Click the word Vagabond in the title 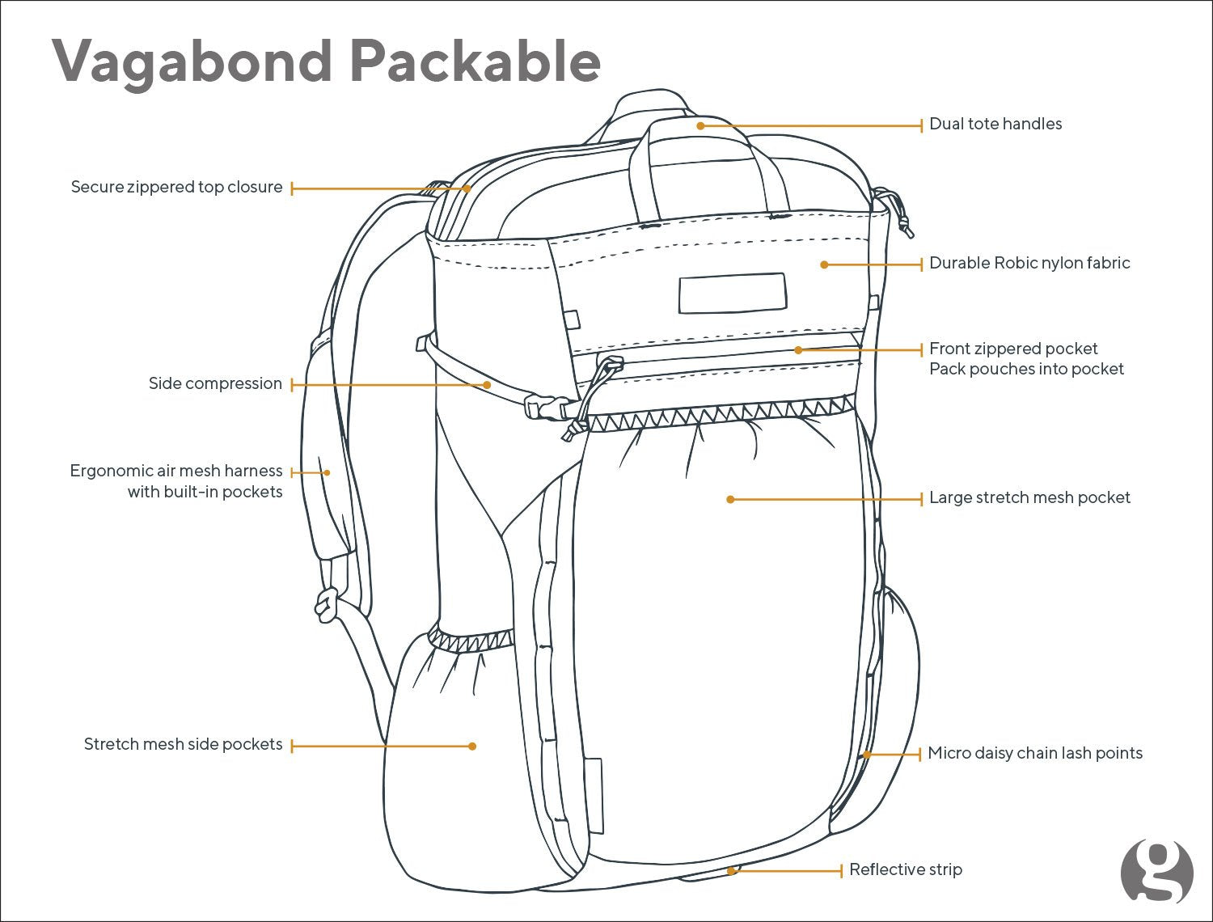(192, 61)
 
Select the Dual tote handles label (995, 124)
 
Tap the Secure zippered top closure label (177, 187)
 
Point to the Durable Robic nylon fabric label (1029, 263)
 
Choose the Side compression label (215, 383)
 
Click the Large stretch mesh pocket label (1029, 497)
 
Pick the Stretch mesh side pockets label (184, 744)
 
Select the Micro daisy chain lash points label (1035, 753)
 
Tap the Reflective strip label (906, 869)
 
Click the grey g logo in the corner (1157, 871)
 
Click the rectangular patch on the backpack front (733, 293)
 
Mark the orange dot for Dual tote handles (701, 126)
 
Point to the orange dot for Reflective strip (731, 871)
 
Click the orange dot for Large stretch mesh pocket (730, 500)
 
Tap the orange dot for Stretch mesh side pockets (473, 746)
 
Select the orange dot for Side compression (487, 385)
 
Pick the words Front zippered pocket (1013, 349)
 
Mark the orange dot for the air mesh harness (327, 472)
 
